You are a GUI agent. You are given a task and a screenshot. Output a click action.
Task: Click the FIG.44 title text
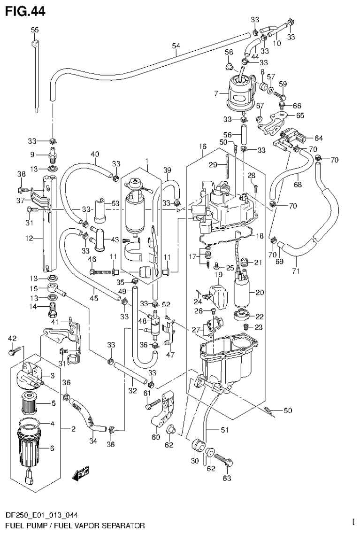[x=25, y=11]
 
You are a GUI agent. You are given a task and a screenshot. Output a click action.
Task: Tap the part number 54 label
[x=176, y=46]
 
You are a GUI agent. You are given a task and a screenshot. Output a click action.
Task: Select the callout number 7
[x=216, y=94]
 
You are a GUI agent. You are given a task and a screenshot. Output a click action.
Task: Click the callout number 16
[x=202, y=147]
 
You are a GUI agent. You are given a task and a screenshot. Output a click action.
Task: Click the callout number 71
[x=296, y=271]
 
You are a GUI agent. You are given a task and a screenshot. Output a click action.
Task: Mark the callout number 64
[x=319, y=138]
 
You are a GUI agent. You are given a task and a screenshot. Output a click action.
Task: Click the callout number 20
[x=260, y=292]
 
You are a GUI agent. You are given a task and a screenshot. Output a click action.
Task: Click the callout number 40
[x=95, y=154]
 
